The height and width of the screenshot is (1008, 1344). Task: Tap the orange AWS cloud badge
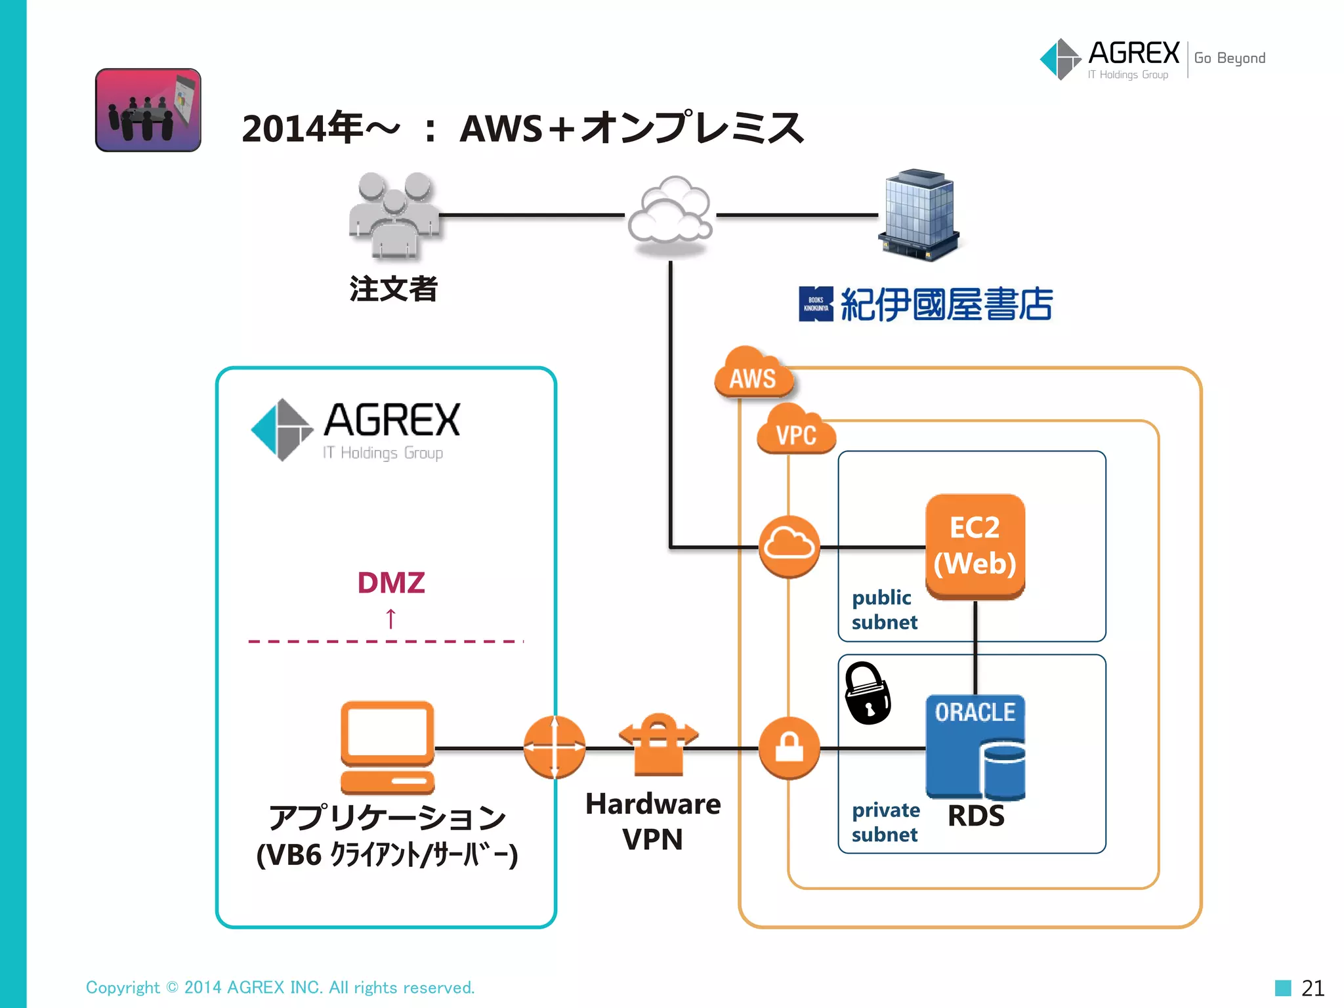tap(753, 374)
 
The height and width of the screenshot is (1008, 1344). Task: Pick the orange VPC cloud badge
tap(796, 431)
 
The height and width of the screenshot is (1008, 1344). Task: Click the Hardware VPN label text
tap(652, 821)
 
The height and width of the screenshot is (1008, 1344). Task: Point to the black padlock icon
tap(867, 693)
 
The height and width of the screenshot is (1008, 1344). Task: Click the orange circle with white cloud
tap(789, 546)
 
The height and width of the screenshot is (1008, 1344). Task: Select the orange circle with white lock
tap(789, 747)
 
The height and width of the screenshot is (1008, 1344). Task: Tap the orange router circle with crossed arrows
tap(555, 747)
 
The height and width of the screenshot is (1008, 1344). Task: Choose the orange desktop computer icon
tap(387, 747)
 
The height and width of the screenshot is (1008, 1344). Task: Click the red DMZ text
tap(391, 583)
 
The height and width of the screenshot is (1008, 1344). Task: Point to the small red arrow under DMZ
tap(391, 618)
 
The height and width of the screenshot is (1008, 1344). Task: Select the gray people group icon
tap(394, 215)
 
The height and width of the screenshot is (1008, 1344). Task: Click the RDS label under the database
tap(976, 816)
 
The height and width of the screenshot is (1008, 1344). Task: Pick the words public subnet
tap(883, 610)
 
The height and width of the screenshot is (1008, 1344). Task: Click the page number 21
tap(1312, 988)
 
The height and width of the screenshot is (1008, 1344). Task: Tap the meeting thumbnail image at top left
tap(148, 110)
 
